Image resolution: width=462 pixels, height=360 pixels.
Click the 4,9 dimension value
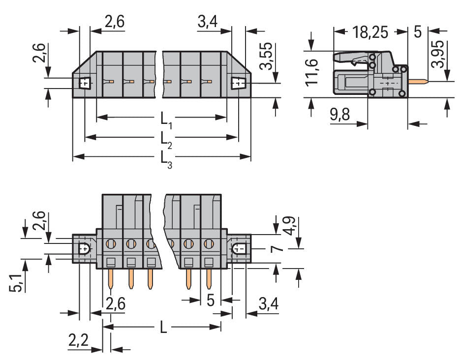click(x=291, y=224)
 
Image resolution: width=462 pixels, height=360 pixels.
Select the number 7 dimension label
click(x=278, y=250)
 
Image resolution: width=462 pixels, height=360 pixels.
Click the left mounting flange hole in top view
click(x=85, y=83)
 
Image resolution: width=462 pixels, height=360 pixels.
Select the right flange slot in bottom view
click(x=239, y=249)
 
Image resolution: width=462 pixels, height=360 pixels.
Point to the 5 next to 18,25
click(x=418, y=32)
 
